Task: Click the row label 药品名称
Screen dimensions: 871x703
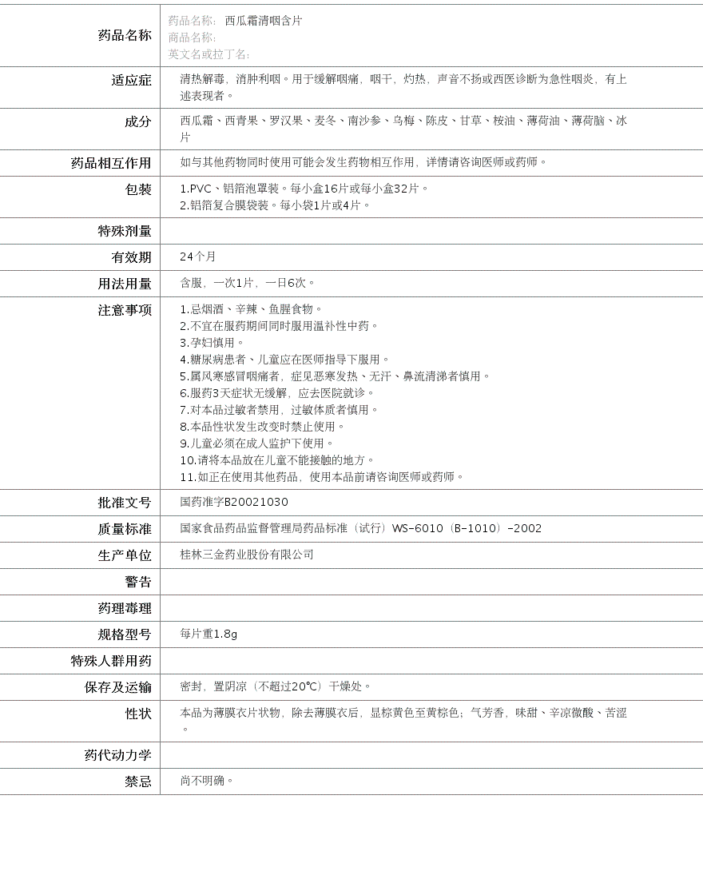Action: click(x=124, y=35)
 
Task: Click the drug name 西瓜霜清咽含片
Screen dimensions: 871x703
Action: click(x=263, y=21)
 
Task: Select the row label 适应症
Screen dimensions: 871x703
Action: click(x=131, y=80)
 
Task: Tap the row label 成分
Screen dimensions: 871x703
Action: click(x=137, y=121)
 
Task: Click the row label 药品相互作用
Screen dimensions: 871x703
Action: click(x=111, y=163)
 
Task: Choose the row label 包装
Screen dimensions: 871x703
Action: click(x=137, y=189)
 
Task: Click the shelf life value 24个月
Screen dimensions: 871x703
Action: click(x=198, y=257)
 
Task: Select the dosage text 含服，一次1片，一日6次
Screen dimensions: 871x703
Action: click(x=248, y=283)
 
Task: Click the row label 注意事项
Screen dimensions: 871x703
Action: click(x=124, y=310)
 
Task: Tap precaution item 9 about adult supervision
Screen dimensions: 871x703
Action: click(x=256, y=443)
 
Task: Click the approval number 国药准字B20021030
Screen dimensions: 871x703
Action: click(x=234, y=502)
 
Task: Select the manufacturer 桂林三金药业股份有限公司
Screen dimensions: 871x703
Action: click(x=247, y=555)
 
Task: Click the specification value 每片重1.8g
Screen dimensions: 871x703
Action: click(x=209, y=634)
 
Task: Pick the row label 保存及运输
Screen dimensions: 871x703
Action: click(x=117, y=687)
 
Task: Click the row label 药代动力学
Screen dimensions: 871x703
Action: click(x=117, y=755)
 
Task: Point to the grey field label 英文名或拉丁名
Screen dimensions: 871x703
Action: click(x=209, y=54)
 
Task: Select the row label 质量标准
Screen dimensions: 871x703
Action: click(x=124, y=529)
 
